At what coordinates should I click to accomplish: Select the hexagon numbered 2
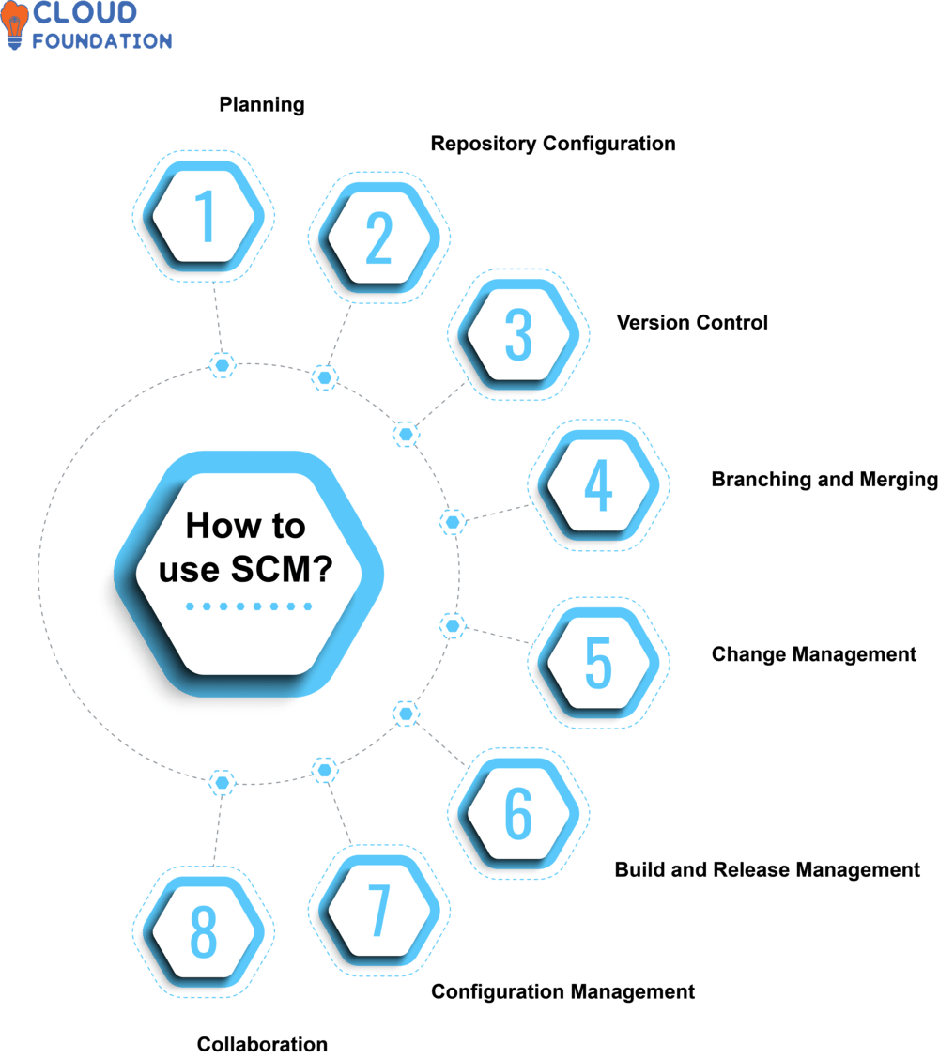point(378,237)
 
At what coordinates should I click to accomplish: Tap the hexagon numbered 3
point(518,334)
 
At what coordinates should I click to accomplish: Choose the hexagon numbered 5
point(598,663)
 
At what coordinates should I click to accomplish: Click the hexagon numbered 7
point(378,911)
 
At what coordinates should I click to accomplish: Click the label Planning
point(262,104)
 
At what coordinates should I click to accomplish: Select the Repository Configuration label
point(553,144)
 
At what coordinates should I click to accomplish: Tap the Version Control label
point(692,323)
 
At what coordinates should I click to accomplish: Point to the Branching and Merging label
point(824,480)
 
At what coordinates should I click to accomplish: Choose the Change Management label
point(814,654)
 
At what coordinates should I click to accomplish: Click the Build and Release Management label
point(767,869)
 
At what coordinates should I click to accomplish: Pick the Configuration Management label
point(563,991)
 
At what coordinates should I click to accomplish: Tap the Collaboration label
point(262,1044)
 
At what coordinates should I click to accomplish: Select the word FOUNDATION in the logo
point(102,41)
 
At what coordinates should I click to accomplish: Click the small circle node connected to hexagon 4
point(453,522)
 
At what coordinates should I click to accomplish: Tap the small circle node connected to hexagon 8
point(222,781)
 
